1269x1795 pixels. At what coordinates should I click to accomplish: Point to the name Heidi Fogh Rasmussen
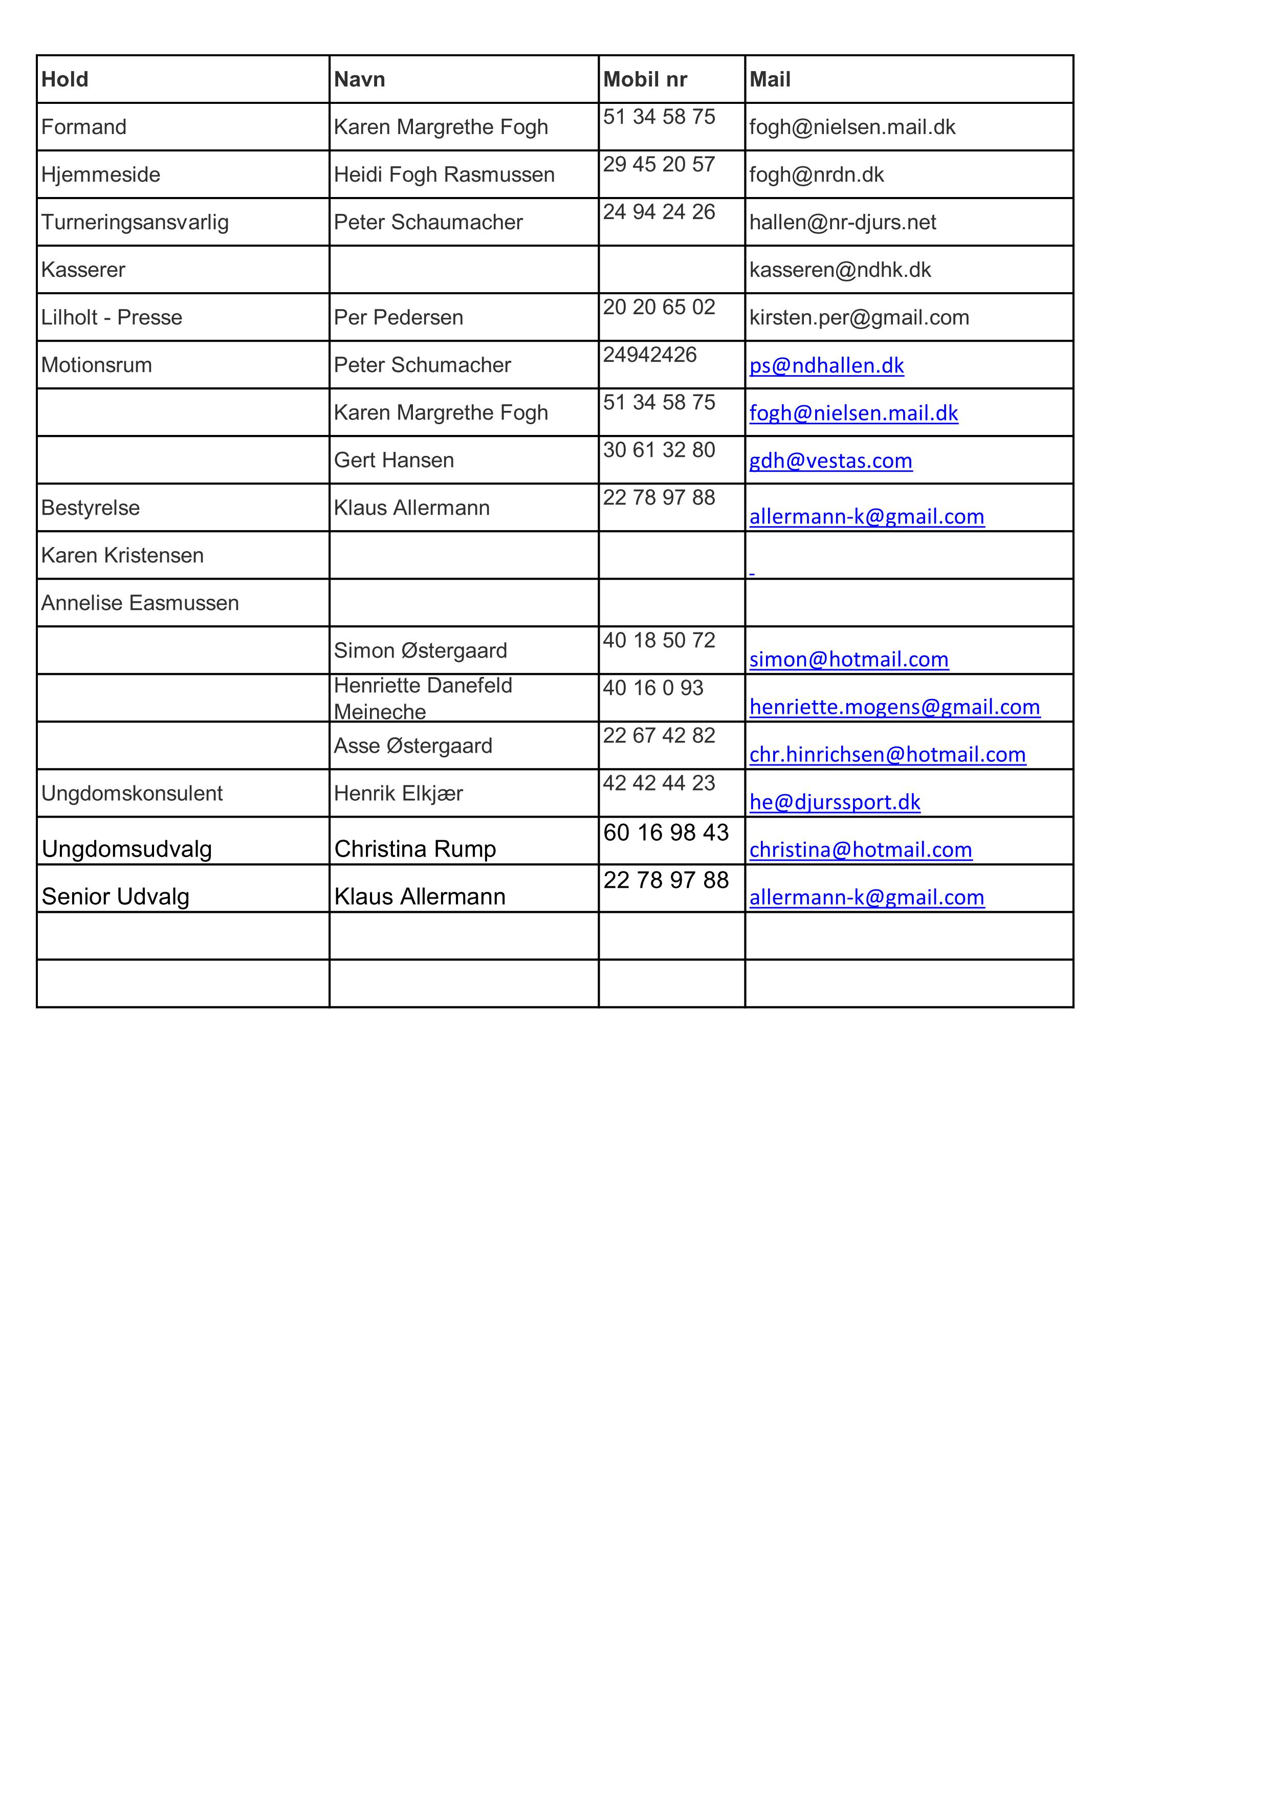(444, 174)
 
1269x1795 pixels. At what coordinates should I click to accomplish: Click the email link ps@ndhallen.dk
(826, 366)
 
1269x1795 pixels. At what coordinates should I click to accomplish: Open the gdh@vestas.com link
(830, 461)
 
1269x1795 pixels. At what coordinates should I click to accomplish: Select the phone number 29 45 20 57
(659, 164)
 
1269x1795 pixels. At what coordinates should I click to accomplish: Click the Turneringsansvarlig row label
(135, 222)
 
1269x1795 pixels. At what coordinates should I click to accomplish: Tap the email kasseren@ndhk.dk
(840, 270)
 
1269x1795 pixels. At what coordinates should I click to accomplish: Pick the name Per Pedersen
(398, 317)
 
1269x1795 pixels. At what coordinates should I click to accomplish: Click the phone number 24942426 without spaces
(650, 355)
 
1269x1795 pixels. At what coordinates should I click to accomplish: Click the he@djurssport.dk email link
(834, 802)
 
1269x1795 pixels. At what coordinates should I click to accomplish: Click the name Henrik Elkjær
(398, 794)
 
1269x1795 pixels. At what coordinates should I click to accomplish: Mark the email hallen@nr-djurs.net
(842, 222)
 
